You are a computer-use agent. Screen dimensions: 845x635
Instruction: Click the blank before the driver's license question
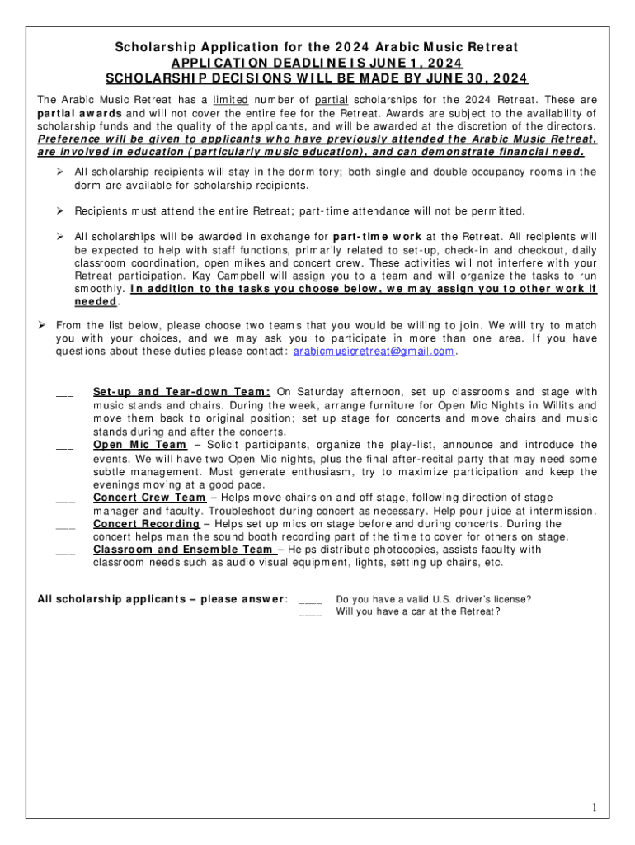pyautogui.click(x=310, y=600)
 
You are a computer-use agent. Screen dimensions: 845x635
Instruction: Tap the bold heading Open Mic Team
pyautogui.click(x=140, y=445)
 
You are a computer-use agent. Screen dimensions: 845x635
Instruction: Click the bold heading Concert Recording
pyautogui.click(x=146, y=524)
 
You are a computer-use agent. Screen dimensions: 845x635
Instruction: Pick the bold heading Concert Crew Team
pyautogui.click(x=149, y=498)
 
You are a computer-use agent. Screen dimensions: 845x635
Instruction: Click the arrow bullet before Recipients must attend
pyautogui.click(x=60, y=211)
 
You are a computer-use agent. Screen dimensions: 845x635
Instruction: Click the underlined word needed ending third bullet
pyautogui.click(x=96, y=302)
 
